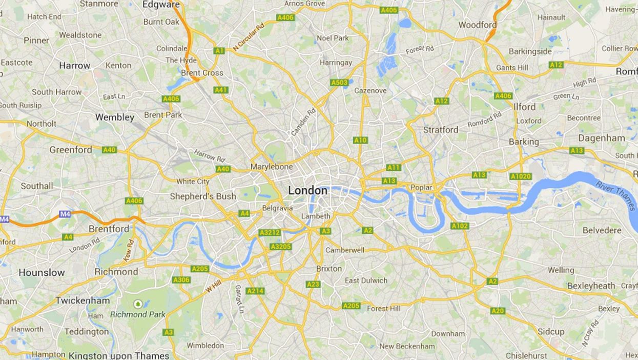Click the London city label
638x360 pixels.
pos(307,190)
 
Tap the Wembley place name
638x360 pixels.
pos(115,117)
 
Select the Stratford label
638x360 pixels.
pos(440,130)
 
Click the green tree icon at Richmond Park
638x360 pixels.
pos(137,304)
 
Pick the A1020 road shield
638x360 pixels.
pos(520,176)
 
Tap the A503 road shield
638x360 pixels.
pos(339,83)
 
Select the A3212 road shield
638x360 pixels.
pos(270,233)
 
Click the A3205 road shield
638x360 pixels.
pos(280,247)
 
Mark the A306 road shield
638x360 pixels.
pos(181,280)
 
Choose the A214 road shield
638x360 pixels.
pos(255,291)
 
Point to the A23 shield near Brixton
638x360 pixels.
pos(313,284)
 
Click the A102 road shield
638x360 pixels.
pos(460,226)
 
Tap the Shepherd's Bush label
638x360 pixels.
pos(203,196)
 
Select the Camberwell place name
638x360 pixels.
pos(345,250)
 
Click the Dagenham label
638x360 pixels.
pos(602,138)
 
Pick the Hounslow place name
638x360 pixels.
pos(42,273)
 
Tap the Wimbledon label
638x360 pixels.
pos(205,346)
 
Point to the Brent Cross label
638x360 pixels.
pos(202,73)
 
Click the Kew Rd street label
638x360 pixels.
pos(129,251)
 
